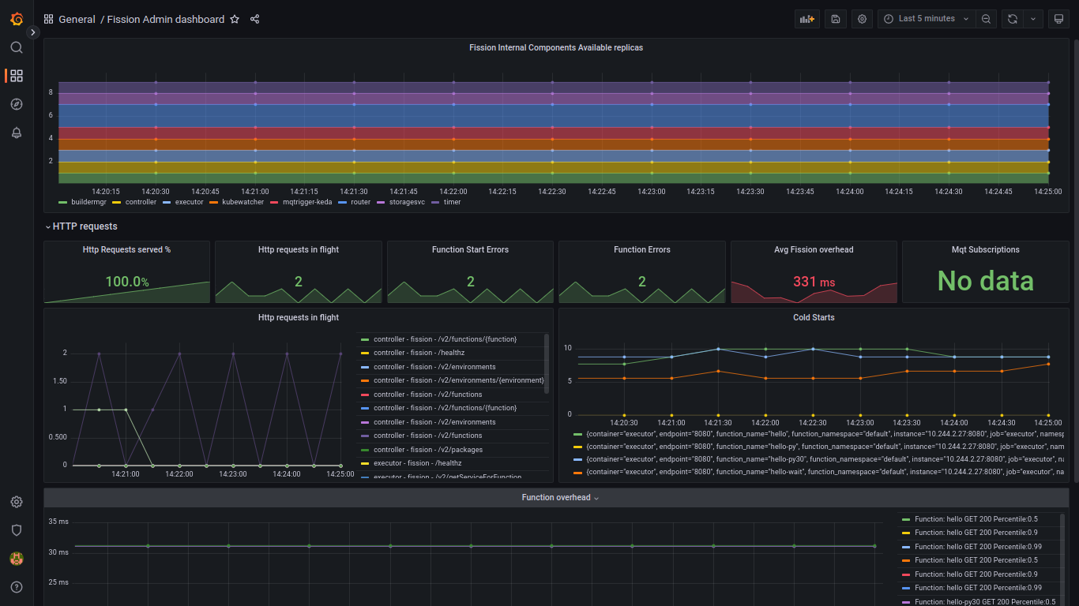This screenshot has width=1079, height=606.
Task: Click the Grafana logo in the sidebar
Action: pos(17,19)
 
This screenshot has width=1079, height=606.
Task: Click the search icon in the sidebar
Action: pos(17,47)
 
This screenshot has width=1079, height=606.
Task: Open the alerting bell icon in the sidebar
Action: pos(17,133)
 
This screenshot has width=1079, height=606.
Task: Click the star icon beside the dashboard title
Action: pos(235,19)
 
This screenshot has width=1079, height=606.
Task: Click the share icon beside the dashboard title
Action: pos(254,19)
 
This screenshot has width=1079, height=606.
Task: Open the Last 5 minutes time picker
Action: pos(926,19)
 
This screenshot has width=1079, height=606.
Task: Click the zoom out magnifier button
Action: pos(986,19)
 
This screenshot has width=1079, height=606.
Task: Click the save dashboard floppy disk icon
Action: pos(836,19)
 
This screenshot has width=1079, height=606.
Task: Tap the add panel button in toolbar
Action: pos(806,19)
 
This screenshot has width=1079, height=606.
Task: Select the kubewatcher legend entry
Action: pos(242,202)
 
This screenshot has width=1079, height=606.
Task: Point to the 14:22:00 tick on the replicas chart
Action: pos(453,191)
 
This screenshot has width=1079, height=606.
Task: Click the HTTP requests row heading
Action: pos(85,226)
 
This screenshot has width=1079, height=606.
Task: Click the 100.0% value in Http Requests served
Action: pos(126,282)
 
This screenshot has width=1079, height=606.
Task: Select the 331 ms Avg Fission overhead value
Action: pos(814,282)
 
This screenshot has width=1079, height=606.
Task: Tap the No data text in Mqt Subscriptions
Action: pos(985,281)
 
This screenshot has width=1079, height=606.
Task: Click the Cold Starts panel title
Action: pos(813,317)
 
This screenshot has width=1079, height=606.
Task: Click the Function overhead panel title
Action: pos(555,497)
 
